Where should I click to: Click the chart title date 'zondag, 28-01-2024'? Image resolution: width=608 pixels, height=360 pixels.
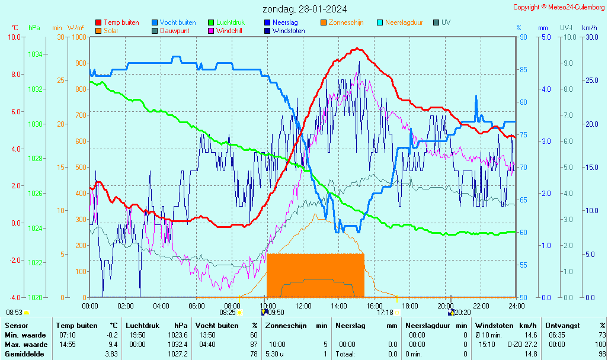point(305,9)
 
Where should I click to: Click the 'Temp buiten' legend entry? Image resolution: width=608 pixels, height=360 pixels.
point(121,22)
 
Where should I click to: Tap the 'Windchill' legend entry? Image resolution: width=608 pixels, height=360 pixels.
point(232,31)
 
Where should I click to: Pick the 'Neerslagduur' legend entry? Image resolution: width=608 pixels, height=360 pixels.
point(404,22)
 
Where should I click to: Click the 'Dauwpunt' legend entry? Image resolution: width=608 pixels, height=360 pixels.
point(174,31)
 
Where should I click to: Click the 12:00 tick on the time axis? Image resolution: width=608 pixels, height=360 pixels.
point(303,306)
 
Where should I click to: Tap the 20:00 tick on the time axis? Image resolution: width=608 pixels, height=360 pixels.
point(446,306)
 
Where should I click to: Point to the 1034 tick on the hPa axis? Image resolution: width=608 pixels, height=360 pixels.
point(34,54)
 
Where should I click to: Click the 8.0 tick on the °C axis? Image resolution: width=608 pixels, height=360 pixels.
point(15,74)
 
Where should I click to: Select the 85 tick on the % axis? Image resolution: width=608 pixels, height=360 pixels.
point(523,69)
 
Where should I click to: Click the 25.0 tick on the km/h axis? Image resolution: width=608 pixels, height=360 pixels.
point(590,81)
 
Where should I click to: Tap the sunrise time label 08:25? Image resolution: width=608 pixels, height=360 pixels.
point(228,312)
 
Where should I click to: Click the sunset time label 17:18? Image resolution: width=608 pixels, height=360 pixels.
point(385,312)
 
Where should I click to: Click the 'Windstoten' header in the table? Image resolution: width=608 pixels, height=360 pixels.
point(495,326)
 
